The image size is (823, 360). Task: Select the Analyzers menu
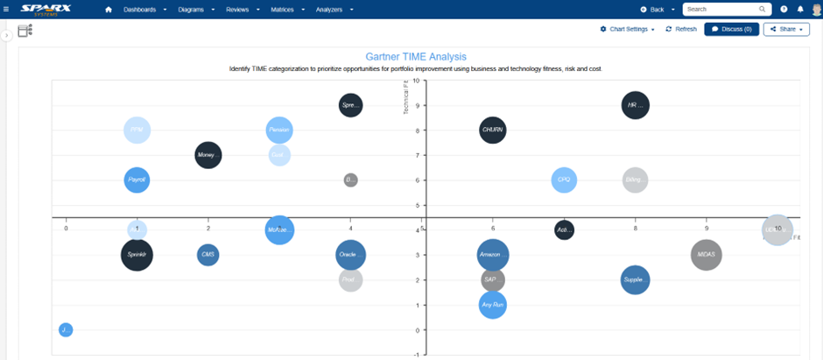coord(330,9)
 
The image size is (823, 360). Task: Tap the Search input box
coord(721,9)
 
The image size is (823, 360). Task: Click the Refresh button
coord(681,29)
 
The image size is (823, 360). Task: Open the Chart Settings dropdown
coord(627,29)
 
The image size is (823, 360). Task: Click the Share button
coord(785,29)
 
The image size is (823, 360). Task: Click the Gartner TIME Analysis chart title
coord(416,56)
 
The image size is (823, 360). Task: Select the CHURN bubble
coord(493,131)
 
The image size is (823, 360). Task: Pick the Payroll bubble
coord(137,180)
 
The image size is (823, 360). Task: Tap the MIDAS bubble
coord(706,255)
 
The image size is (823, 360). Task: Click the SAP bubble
coord(492,280)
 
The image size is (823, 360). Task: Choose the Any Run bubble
coord(493,305)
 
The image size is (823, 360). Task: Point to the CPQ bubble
coord(565,180)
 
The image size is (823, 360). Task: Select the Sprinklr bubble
coord(137,255)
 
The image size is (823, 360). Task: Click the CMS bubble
coord(208,255)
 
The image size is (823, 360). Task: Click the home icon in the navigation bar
coord(109,9)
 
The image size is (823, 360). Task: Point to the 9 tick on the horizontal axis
coord(707,229)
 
